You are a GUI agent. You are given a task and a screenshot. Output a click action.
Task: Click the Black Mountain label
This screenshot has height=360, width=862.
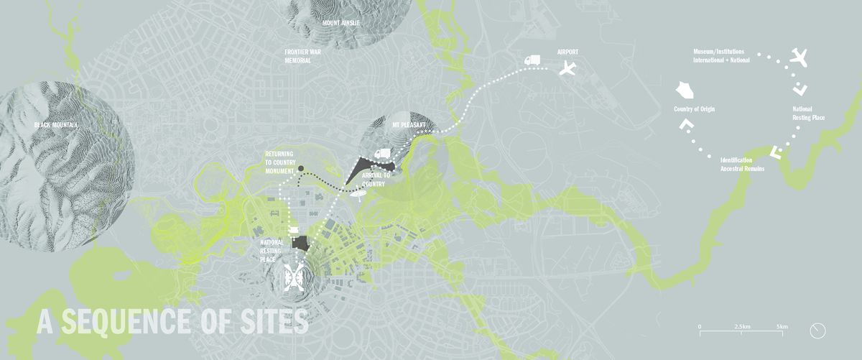[x=55, y=125]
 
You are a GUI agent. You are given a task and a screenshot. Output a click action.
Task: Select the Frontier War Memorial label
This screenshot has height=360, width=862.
[x=307, y=57]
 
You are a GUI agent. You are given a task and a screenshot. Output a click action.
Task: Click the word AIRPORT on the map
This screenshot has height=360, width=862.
[x=567, y=52]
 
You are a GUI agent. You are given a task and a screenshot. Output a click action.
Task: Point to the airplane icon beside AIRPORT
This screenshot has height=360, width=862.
[x=567, y=70]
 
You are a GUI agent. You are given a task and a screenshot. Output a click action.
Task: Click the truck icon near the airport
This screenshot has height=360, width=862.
[x=532, y=62]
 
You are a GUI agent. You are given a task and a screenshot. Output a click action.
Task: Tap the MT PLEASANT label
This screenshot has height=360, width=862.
[x=409, y=125]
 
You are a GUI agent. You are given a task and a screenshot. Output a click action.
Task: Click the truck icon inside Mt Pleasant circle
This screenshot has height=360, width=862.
[x=382, y=153]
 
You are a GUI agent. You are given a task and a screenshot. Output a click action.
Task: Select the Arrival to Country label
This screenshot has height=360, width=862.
[x=377, y=180]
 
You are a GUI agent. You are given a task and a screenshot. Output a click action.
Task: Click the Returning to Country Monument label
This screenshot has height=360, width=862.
[x=280, y=163]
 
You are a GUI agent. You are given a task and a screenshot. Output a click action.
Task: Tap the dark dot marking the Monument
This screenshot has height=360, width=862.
[x=301, y=169]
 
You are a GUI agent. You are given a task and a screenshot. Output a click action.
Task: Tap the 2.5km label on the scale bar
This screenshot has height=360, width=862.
[x=743, y=326]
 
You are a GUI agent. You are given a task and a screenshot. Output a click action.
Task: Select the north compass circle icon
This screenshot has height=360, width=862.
[x=817, y=331]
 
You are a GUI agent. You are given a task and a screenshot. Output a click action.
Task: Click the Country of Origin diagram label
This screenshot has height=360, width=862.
[x=694, y=109]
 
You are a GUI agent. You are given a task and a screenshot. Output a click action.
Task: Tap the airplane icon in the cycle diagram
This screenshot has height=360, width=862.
[x=800, y=57]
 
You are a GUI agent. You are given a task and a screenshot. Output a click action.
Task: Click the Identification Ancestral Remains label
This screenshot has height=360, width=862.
[x=736, y=163]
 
